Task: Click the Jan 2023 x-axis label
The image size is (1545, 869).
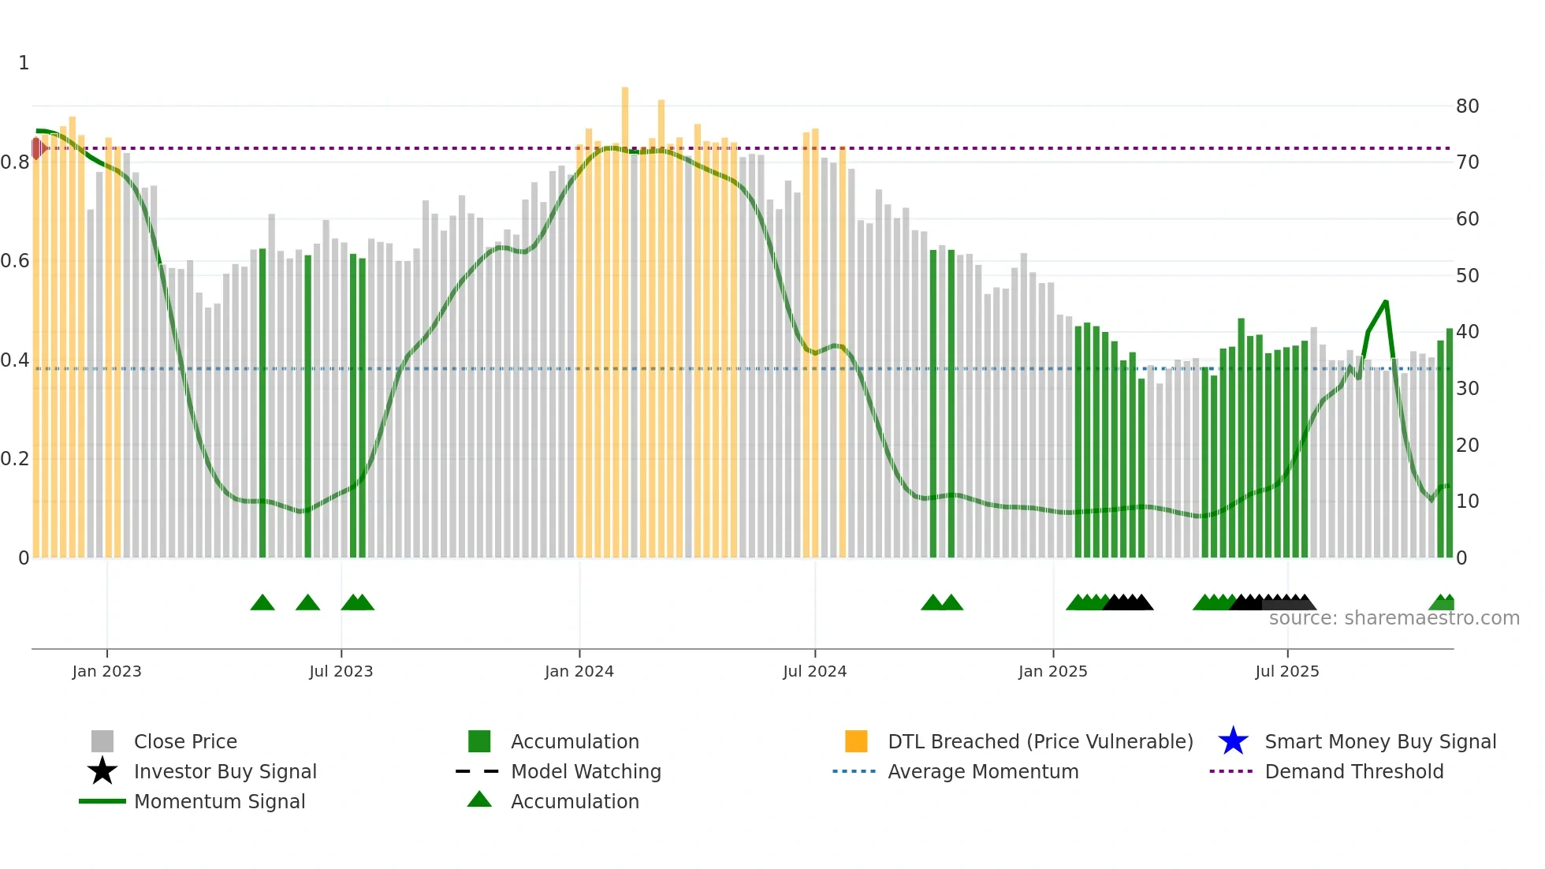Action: pyautogui.click(x=106, y=671)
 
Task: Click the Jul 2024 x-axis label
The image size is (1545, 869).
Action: pyautogui.click(x=814, y=671)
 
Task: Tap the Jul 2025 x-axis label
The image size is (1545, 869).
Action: pyautogui.click(x=1286, y=671)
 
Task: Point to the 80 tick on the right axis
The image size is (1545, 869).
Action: pyautogui.click(x=1467, y=106)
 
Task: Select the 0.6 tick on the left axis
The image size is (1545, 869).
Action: pyautogui.click(x=14, y=261)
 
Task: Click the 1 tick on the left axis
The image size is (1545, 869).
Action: pyautogui.click(x=24, y=63)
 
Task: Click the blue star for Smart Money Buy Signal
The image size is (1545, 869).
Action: pyautogui.click(x=1233, y=741)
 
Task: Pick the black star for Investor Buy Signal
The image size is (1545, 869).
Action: pyautogui.click(x=102, y=771)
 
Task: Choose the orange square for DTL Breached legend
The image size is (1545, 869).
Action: pyautogui.click(x=856, y=741)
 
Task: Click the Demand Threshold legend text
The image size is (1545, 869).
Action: pyautogui.click(x=1353, y=771)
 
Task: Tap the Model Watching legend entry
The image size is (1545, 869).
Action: pyautogui.click(x=586, y=771)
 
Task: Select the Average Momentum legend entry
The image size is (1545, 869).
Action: pyautogui.click(x=982, y=771)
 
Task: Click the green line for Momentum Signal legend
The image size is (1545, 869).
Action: pyautogui.click(x=102, y=801)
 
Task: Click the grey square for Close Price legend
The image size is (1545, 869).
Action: pyautogui.click(x=102, y=741)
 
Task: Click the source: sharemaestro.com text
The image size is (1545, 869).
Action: pyautogui.click(x=1394, y=618)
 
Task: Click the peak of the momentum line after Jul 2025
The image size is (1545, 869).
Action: pyautogui.click(x=1385, y=302)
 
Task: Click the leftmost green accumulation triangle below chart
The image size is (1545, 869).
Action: pyautogui.click(x=262, y=603)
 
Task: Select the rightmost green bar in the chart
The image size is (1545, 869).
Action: pyautogui.click(x=1449, y=442)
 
